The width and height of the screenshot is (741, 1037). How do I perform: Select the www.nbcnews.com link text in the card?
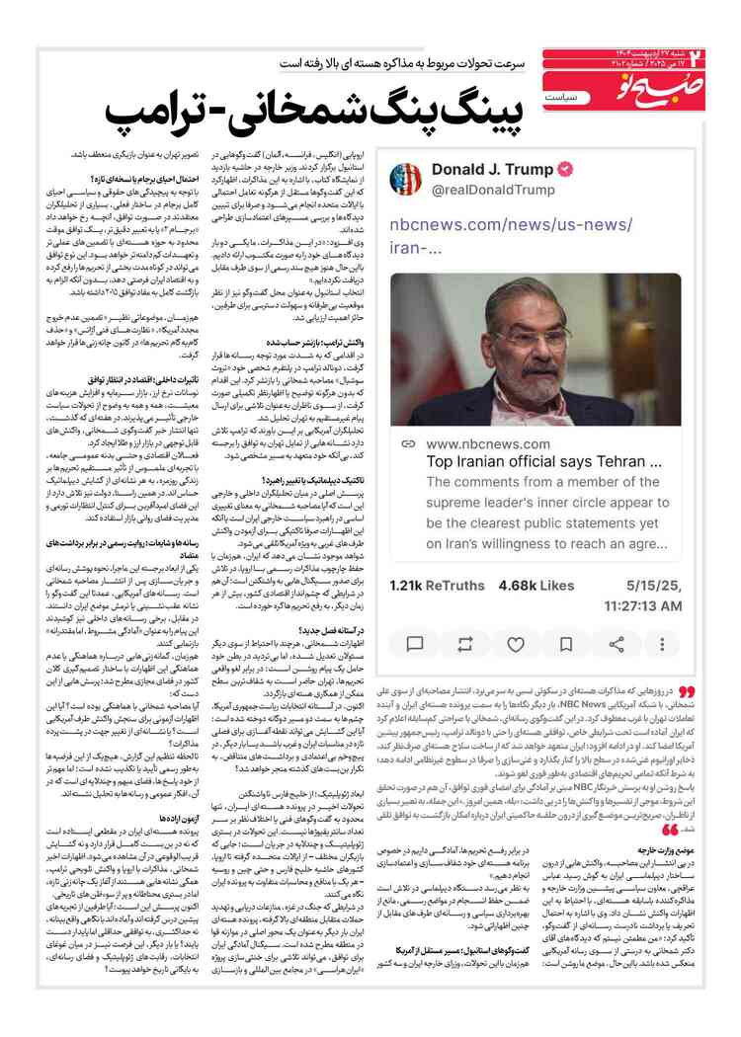489,444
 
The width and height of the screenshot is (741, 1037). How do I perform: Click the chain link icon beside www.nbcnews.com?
408,444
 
